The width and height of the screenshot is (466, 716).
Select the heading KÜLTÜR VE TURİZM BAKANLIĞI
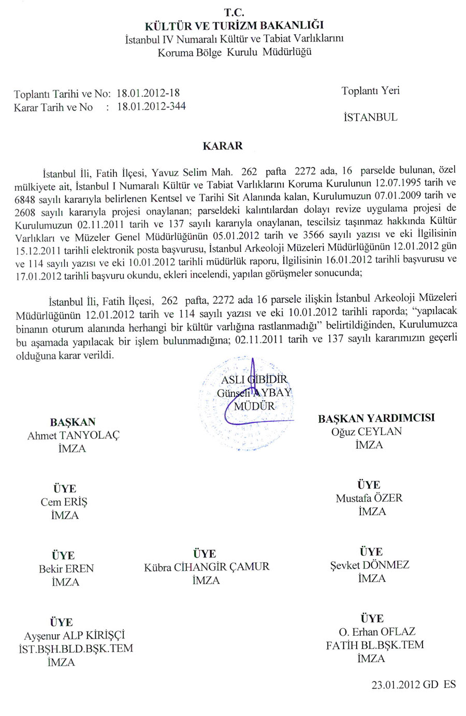[234, 25]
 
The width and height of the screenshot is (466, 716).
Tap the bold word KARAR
[223, 146]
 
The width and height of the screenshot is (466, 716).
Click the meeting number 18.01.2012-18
[148, 93]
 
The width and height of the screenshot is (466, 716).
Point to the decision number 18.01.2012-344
[151, 107]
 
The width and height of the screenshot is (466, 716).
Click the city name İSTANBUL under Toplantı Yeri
[370, 117]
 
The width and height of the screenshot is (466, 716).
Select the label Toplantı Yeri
[370, 91]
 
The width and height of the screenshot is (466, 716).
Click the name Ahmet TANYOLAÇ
[73, 436]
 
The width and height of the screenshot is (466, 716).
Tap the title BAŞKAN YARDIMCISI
[376, 418]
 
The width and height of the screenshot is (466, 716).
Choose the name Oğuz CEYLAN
[367, 432]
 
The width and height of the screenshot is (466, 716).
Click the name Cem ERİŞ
[64, 502]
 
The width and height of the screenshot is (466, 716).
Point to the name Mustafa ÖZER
[369, 498]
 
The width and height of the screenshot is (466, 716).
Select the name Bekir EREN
[66, 569]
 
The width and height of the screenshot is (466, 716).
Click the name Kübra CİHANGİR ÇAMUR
[207, 567]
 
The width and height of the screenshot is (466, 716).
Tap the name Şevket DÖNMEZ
[370, 565]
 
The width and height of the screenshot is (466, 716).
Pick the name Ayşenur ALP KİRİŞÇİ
[75, 636]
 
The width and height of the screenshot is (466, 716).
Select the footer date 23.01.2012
[396, 685]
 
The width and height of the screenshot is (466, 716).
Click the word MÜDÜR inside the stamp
[254, 406]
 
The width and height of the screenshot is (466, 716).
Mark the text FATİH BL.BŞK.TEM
[374, 646]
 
